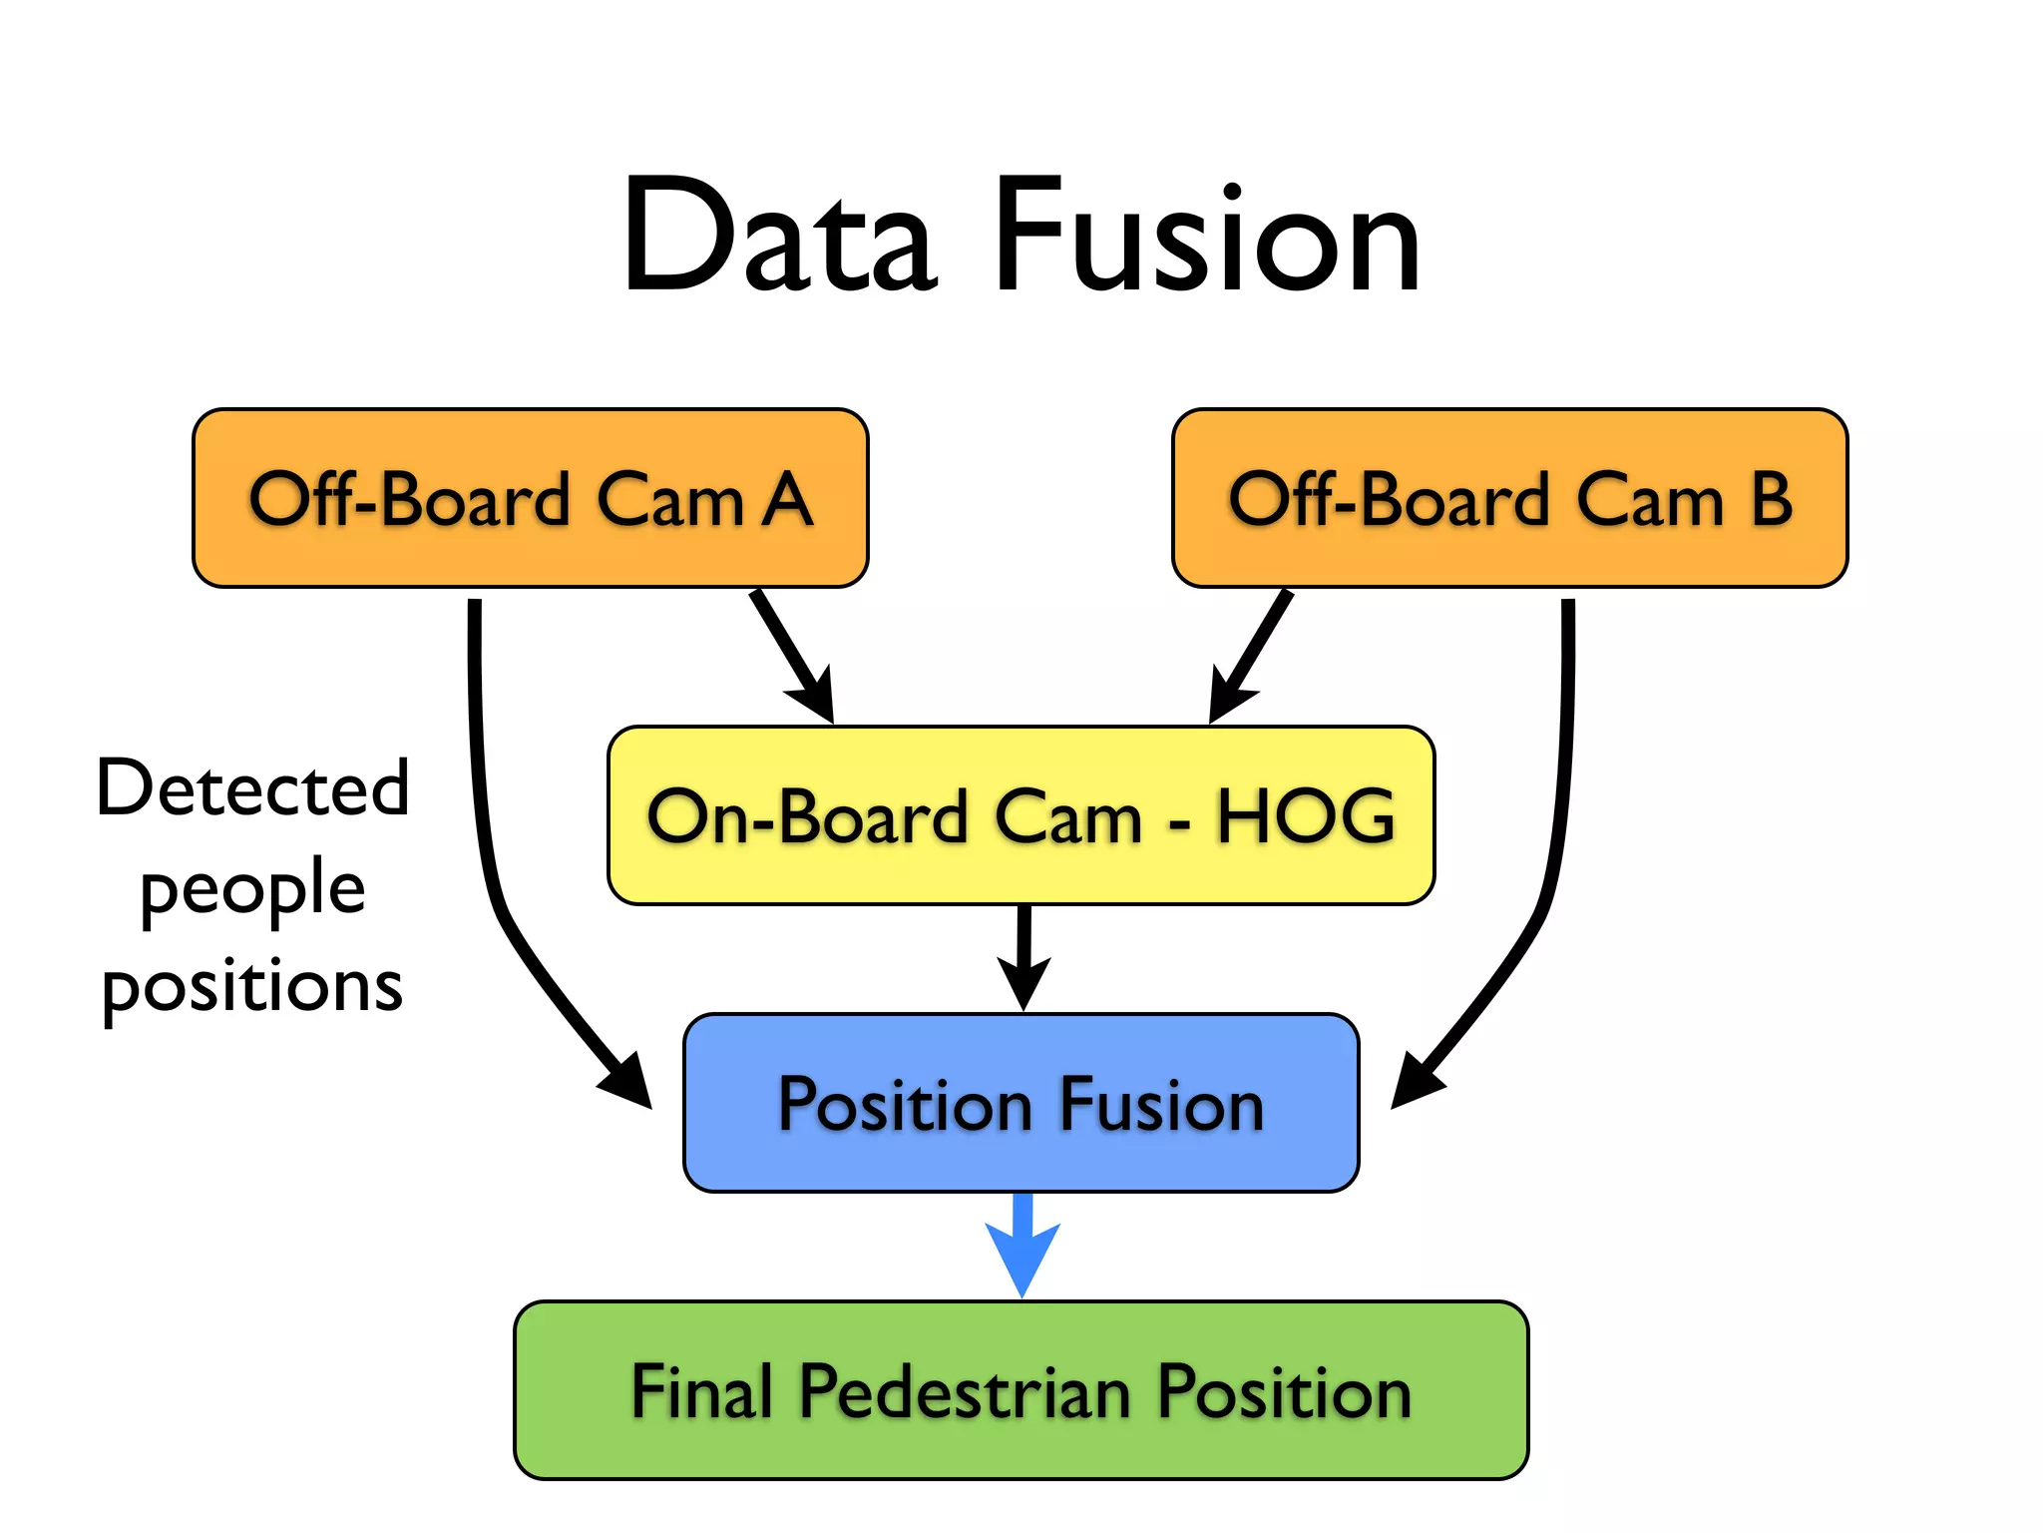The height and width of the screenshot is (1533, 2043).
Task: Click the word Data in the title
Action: coord(778,238)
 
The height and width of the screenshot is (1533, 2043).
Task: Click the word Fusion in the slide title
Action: coord(1207,238)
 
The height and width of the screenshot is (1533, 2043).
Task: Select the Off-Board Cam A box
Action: coord(530,498)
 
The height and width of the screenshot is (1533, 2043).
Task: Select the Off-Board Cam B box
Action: coord(1509,498)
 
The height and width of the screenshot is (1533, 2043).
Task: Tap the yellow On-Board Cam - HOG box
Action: coord(1021,815)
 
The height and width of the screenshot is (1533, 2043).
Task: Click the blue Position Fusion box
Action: coord(1021,1103)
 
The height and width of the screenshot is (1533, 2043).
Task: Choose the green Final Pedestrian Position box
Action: coord(1021,1390)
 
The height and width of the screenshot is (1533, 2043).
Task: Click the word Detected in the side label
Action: coord(252,788)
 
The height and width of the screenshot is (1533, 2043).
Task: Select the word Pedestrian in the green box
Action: coord(965,1391)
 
